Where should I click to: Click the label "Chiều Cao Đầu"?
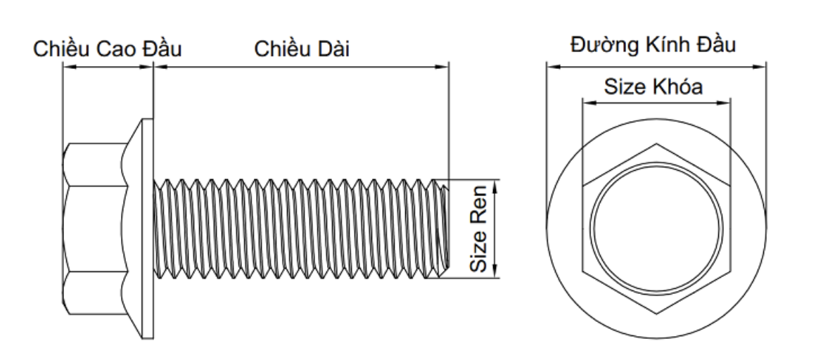click(x=107, y=50)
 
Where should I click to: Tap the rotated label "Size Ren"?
click(x=480, y=229)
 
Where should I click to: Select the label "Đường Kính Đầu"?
click(x=654, y=46)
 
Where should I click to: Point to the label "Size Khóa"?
click(x=654, y=86)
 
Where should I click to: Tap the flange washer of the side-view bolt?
click(x=148, y=229)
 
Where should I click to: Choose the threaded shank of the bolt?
click(x=295, y=229)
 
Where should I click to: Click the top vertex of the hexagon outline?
click(x=656, y=145)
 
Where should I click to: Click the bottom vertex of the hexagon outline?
click(x=656, y=314)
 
